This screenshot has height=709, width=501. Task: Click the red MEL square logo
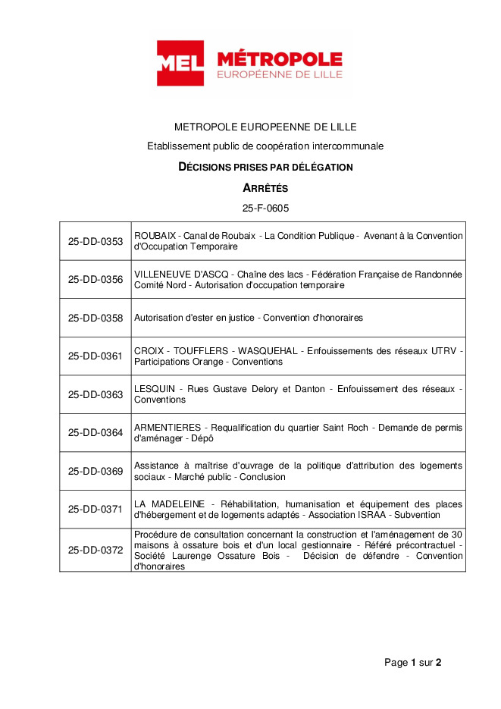pyautogui.click(x=180, y=63)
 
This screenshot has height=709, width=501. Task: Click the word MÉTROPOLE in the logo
pyautogui.click(x=279, y=59)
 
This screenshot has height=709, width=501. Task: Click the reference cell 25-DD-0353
pyautogui.click(x=96, y=241)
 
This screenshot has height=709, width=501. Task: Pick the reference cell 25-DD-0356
pyautogui.click(x=96, y=279)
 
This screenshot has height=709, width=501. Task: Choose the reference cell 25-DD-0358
pyautogui.click(x=96, y=318)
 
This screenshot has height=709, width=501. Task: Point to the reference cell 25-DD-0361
pyautogui.click(x=96, y=356)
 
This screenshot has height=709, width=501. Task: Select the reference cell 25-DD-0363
pyautogui.click(x=96, y=394)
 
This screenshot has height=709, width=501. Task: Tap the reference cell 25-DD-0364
pyautogui.click(x=96, y=432)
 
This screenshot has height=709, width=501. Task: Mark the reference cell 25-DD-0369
pyautogui.click(x=96, y=471)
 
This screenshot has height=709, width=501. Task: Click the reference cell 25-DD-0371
pyautogui.click(x=96, y=509)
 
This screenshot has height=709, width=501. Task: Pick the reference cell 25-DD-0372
pyautogui.click(x=96, y=550)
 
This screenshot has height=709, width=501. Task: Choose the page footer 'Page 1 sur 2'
pyautogui.click(x=412, y=663)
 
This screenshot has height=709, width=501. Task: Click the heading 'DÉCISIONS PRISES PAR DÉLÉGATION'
pyautogui.click(x=265, y=167)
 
